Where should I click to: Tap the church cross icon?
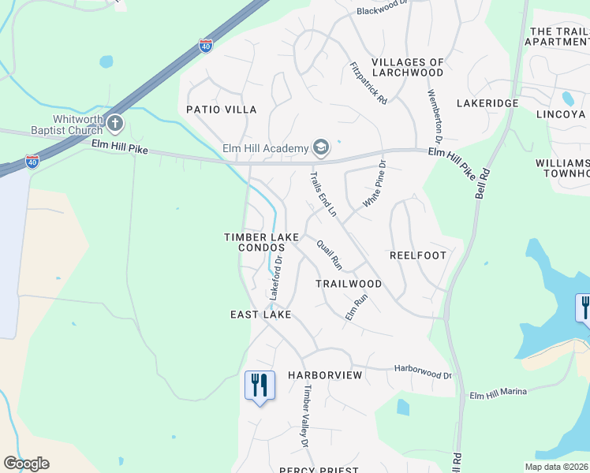pyautogui.click(x=115, y=123)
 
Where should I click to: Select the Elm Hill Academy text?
pyautogui.click(x=275, y=147)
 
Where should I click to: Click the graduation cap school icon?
pyautogui.click(x=321, y=147)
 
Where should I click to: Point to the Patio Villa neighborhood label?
pyautogui.click(x=222, y=110)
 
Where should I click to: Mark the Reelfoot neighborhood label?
pyautogui.click(x=418, y=255)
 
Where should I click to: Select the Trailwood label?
pyautogui.click(x=349, y=284)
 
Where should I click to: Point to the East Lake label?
pyautogui.click(x=261, y=315)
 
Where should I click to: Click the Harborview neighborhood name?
pyautogui.click(x=325, y=375)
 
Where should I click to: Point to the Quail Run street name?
pyautogui.click(x=329, y=254)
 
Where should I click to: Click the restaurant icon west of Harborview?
pyautogui.click(x=260, y=386)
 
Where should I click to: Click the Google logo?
pyautogui.click(x=26, y=464)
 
